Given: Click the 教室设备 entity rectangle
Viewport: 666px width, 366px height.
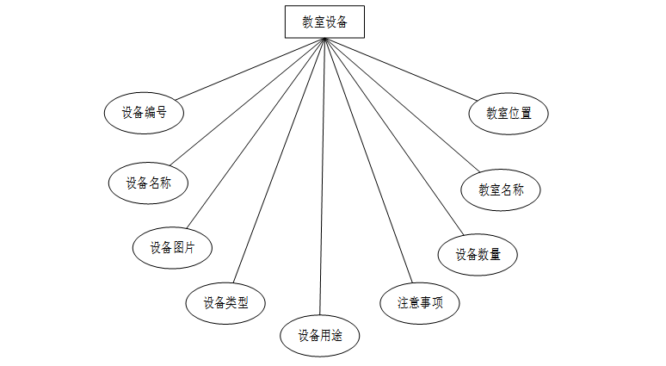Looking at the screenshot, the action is point(324,22).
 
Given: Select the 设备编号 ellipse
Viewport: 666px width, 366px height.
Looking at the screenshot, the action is point(144,112).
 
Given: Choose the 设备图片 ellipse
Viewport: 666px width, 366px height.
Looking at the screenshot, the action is point(172,248).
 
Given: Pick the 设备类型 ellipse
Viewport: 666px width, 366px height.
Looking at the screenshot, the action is point(225,303).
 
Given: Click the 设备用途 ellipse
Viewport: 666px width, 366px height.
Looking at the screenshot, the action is point(320,335).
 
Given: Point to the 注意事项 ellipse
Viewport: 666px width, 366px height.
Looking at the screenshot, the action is point(420,303).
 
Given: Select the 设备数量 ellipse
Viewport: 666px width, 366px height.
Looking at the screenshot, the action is point(478,254).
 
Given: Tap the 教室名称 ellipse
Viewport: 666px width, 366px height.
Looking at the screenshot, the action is point(501,190).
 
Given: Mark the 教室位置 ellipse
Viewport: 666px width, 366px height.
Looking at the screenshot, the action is point(509,113).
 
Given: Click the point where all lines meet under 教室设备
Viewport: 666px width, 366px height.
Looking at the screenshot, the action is point(324,40).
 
